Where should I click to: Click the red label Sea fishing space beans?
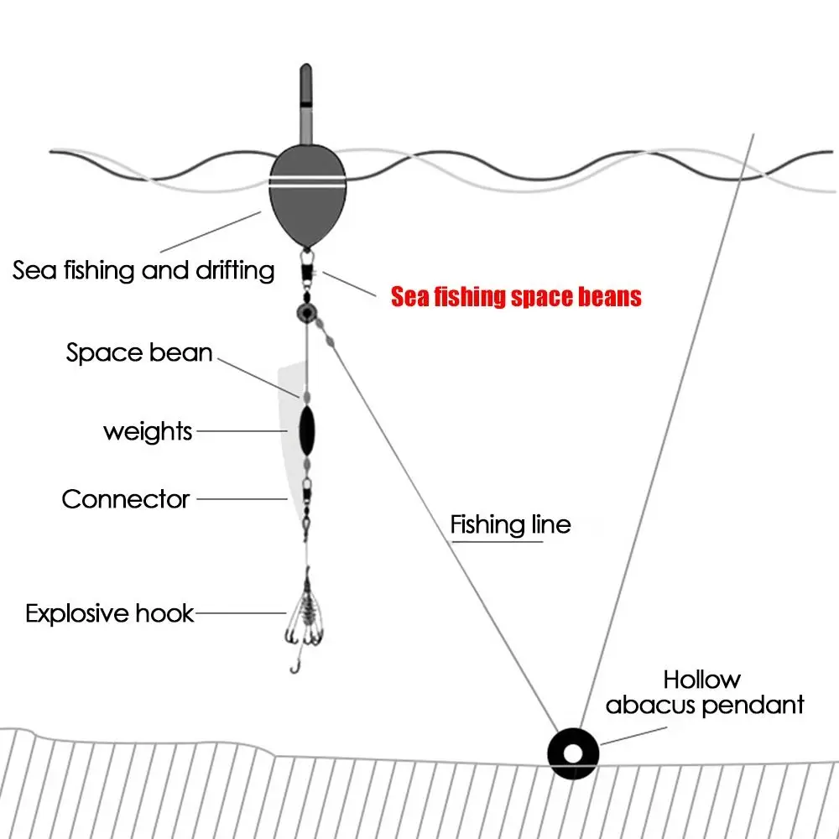516,296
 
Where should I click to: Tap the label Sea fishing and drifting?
143,270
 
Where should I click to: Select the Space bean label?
139,352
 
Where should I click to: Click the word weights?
148,432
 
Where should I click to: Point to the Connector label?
126,499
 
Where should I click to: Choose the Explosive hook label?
110,613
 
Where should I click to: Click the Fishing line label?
510,525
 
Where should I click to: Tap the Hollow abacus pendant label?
704,693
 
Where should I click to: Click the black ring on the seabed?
572,751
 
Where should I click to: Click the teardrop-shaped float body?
307,201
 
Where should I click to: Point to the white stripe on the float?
307,180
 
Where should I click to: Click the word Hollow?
701,679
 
